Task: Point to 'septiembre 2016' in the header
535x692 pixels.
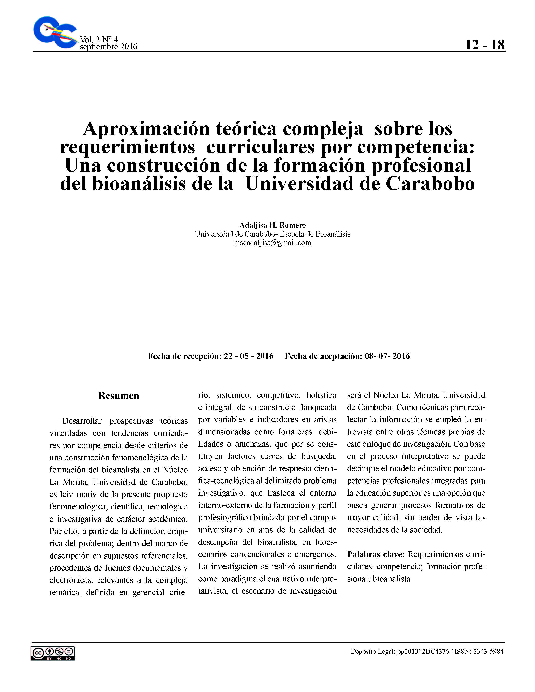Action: point(108,47)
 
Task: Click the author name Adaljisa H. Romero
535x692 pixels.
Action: point(272,225)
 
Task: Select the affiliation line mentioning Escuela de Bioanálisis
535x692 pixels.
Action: point(272,234)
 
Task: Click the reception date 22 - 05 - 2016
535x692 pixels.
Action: point(248,356)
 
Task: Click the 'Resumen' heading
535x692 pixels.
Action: point(119,395)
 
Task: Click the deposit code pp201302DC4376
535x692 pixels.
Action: point(423,652)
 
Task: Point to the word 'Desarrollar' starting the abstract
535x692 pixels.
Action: point(82,421)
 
